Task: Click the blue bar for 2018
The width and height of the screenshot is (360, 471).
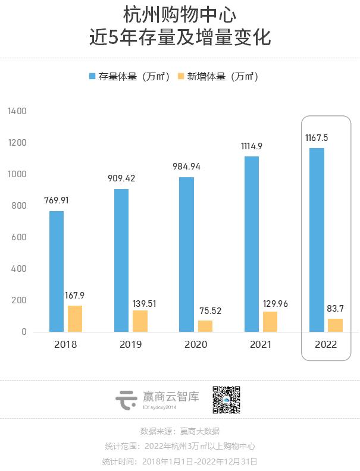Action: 57,271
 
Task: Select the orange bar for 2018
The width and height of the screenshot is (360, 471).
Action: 75,319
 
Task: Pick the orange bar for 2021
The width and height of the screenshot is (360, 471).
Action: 270,322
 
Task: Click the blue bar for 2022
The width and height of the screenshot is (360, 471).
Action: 317,240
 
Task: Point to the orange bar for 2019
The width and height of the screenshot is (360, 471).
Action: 140,321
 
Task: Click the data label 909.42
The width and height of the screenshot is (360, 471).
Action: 121,178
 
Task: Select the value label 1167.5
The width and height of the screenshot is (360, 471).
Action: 317,137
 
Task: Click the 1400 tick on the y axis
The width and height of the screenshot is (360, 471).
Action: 17,111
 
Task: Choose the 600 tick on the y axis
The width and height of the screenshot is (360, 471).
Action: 20,237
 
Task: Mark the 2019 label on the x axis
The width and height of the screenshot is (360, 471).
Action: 131,344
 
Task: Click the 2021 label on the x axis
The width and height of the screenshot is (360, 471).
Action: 261,344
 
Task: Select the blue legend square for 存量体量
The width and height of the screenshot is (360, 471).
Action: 92,76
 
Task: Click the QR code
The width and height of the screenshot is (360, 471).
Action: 227,400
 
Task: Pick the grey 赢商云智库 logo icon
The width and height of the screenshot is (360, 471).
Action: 126,400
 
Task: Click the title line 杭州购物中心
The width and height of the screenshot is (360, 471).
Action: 180,14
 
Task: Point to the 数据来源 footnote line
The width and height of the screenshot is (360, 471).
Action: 180,431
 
